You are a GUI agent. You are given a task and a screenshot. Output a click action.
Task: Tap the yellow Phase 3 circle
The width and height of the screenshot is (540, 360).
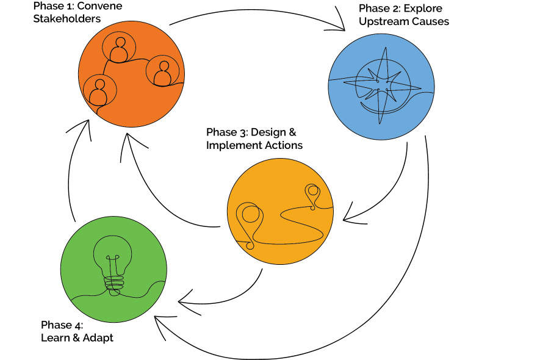point(280,211)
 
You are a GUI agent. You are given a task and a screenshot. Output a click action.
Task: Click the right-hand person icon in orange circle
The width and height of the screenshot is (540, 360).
point(162,73)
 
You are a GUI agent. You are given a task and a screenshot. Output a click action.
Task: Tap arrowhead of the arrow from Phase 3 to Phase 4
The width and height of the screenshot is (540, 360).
point(182,300)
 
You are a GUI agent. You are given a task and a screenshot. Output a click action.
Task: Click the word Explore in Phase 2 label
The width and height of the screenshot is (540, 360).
point(427,9)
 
